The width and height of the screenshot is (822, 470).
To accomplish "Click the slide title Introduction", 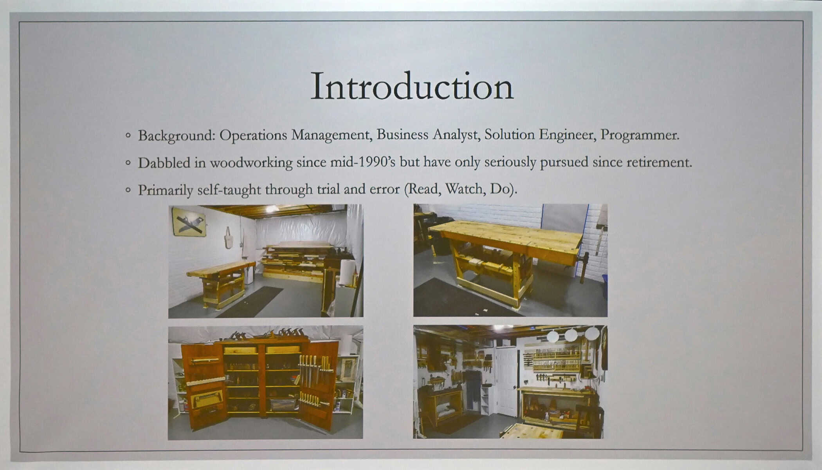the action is (x=412, y=86).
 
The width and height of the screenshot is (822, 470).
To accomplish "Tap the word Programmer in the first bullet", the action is (x=640, y=135).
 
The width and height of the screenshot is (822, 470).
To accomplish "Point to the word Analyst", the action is (x=456, y=135).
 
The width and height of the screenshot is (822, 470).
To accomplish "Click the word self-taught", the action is (x=229, y=190).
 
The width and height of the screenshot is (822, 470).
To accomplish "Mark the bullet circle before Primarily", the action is (x=128, y=190).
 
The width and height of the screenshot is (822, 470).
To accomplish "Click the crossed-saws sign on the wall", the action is (x=189, y=222).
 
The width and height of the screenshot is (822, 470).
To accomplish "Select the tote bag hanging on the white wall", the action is (x=229, y=238).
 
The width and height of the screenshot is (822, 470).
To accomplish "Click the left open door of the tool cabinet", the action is (x=203, y=386).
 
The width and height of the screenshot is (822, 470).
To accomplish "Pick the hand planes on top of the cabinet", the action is (x=266, y=334).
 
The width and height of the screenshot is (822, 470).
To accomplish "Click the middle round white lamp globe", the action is (x=571, y=335).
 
